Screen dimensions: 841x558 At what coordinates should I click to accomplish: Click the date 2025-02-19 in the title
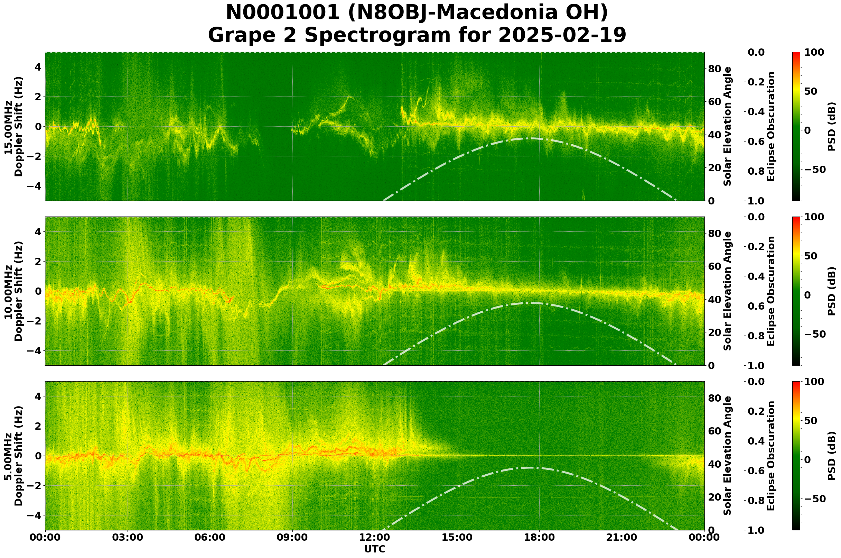pos(562,35)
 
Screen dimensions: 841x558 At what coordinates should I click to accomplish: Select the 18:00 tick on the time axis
pos(539,537)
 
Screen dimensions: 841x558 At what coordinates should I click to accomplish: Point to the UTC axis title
pos(375,549)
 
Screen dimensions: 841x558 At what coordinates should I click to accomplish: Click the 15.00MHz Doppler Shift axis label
pos(13,126)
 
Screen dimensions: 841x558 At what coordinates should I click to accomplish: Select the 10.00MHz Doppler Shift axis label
pos(13,291)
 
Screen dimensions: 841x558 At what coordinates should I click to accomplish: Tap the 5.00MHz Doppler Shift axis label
pos(13,456)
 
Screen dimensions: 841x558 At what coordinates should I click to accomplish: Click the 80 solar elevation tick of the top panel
pos(714,69)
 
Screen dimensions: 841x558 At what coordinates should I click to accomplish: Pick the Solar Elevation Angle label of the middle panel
pos(728,291)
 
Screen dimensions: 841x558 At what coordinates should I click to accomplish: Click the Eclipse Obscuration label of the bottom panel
pos(770,456)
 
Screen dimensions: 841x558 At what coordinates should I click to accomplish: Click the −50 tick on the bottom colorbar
pos(816,499)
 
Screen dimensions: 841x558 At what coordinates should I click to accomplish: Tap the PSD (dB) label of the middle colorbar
pos(831,291)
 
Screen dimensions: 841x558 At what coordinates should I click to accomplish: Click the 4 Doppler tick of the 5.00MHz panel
pos(38,396)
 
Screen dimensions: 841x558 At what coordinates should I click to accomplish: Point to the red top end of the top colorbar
pos(796,53)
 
